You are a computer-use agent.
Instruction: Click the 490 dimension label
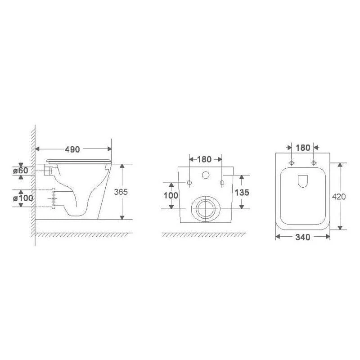(x=72, y=149)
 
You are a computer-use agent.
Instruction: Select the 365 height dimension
(x=121, y=192)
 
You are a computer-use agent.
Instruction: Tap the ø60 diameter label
(x=21, y=171)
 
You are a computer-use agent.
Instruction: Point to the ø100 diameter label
(x=23, y=198)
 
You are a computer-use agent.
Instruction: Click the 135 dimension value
(x=242, y=193)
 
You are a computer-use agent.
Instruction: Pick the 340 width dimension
(x=302, y=237)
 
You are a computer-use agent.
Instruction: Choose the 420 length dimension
(x=339, y=197)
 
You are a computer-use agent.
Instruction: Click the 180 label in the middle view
(x=204, y=159)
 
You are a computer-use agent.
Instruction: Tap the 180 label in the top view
(x=302, y=148)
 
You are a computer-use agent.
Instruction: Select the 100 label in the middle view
(x=171, y=196)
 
